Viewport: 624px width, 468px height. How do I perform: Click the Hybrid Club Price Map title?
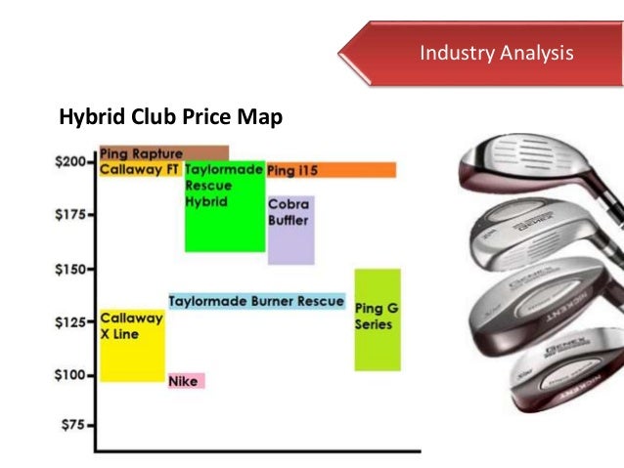coord(171,118)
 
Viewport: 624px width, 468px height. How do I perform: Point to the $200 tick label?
coord(71,162)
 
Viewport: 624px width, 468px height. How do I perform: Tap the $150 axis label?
coord(71,268)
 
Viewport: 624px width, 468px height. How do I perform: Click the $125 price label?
coord(71,321)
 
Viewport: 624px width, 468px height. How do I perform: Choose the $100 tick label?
coord(71,374)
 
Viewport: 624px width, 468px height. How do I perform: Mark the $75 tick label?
coord(75,426)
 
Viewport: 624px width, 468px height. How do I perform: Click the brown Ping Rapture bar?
coord(163,152)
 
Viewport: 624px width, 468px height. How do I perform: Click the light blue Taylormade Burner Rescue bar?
coord(256,301)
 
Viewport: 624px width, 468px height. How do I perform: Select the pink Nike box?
coord(186,381)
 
